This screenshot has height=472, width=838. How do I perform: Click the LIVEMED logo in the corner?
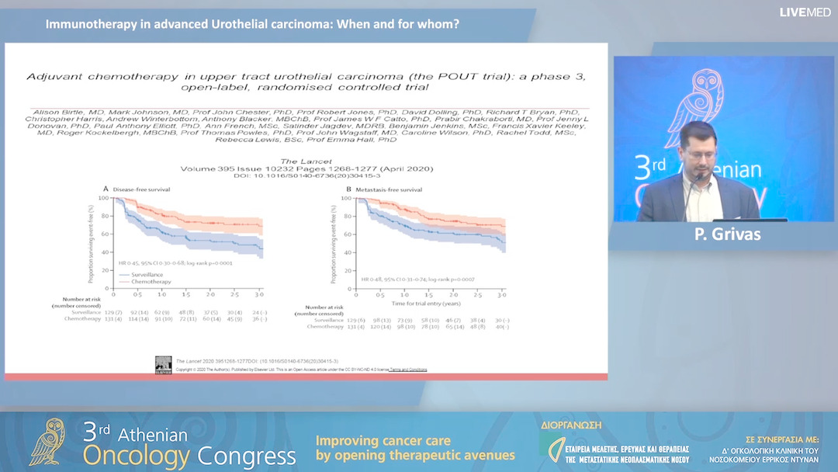tap(805, 12)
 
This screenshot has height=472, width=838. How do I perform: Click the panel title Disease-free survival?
tap(141, 189)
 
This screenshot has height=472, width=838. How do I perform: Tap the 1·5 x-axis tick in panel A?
tap(185, 295)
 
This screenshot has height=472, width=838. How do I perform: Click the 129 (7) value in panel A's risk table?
tap(114, 312)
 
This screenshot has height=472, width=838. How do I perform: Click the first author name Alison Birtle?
tap(54, 113)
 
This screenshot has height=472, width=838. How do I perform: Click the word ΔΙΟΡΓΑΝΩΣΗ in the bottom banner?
tap(570, 425)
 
